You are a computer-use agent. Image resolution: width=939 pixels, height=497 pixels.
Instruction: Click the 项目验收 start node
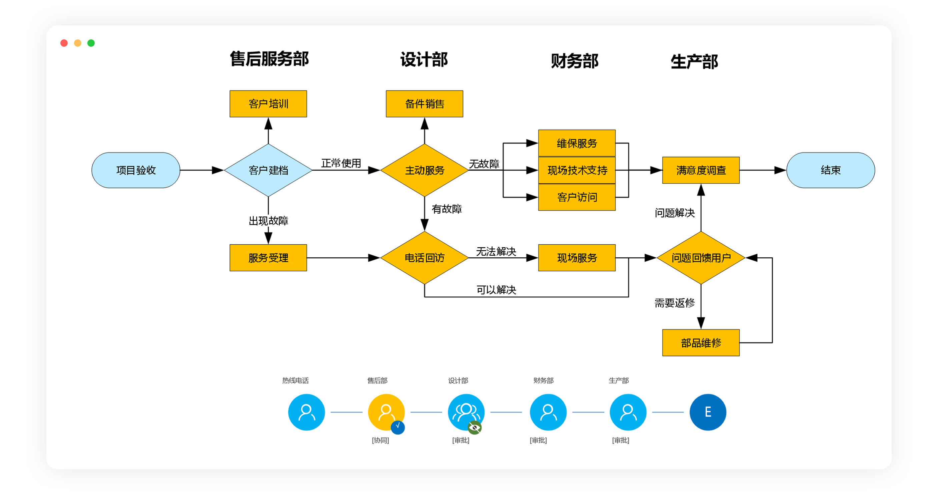coord(136,170)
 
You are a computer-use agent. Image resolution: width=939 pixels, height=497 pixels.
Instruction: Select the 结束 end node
coord(830,170)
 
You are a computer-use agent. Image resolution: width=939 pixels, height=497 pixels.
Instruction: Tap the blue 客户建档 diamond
coord(268,170)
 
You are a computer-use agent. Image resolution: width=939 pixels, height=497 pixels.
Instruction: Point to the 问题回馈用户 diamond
coord(701,258)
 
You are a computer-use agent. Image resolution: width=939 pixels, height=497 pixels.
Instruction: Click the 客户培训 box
coord(268,103)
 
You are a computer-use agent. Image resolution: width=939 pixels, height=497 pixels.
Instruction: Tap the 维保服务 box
coord(577,143)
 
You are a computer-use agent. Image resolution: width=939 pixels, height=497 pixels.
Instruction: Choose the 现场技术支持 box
coord(577,170)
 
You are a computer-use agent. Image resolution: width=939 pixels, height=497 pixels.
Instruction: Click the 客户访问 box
coord(577,197)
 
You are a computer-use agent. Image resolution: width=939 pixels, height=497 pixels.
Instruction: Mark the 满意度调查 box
coord(701,170)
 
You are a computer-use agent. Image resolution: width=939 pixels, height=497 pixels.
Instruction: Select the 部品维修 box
coord(701,343)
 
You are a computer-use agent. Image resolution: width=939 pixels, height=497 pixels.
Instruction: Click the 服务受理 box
coord(268,258)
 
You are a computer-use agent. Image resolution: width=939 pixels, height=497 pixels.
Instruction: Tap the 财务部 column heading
coord(575,61)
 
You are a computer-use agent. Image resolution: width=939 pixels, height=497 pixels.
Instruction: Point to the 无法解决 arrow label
coord(496,251)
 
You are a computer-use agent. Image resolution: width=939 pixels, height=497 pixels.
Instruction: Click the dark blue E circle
coord(708,412)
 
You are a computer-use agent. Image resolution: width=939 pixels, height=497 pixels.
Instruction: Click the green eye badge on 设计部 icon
coord(474,427)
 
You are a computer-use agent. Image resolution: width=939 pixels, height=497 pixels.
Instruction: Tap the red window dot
coord(64,43)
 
